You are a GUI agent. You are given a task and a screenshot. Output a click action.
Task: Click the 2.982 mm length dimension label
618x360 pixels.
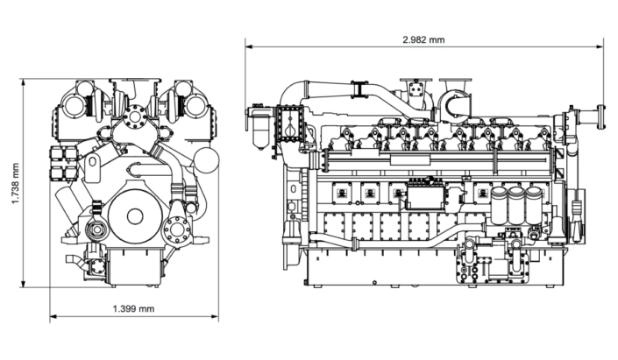pos(423,39)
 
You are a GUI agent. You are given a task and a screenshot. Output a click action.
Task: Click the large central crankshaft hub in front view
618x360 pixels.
pos(134,215)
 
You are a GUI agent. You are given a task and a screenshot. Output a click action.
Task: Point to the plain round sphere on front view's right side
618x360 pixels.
pos(204,161)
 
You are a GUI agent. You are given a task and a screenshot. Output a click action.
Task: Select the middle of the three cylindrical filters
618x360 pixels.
pos(517,204)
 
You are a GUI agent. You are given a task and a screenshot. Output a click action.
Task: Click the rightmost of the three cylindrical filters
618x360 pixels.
pos(534,204)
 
